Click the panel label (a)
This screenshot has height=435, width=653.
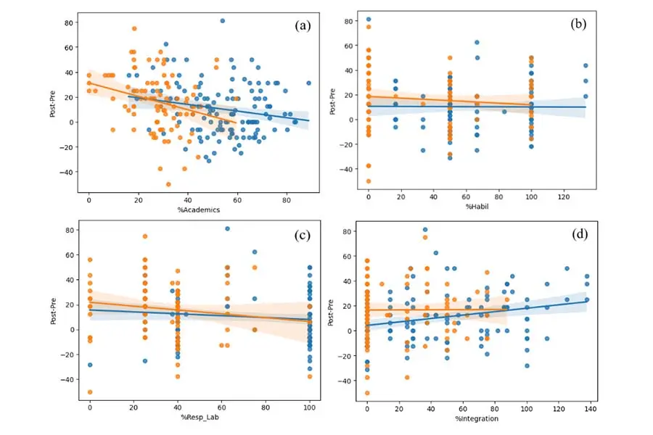point(302,26)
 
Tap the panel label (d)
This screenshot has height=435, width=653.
point(578,234)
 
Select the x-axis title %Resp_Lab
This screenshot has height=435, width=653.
point(199,417)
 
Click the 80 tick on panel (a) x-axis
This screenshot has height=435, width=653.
point(287,199)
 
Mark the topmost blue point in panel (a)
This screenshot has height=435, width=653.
point(223,21)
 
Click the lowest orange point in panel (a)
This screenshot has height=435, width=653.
point(168,184)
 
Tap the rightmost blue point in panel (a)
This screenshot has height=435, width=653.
point(308,83)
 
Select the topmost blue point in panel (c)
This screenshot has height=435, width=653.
point(227,229)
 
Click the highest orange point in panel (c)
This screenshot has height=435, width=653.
point(145,236)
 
